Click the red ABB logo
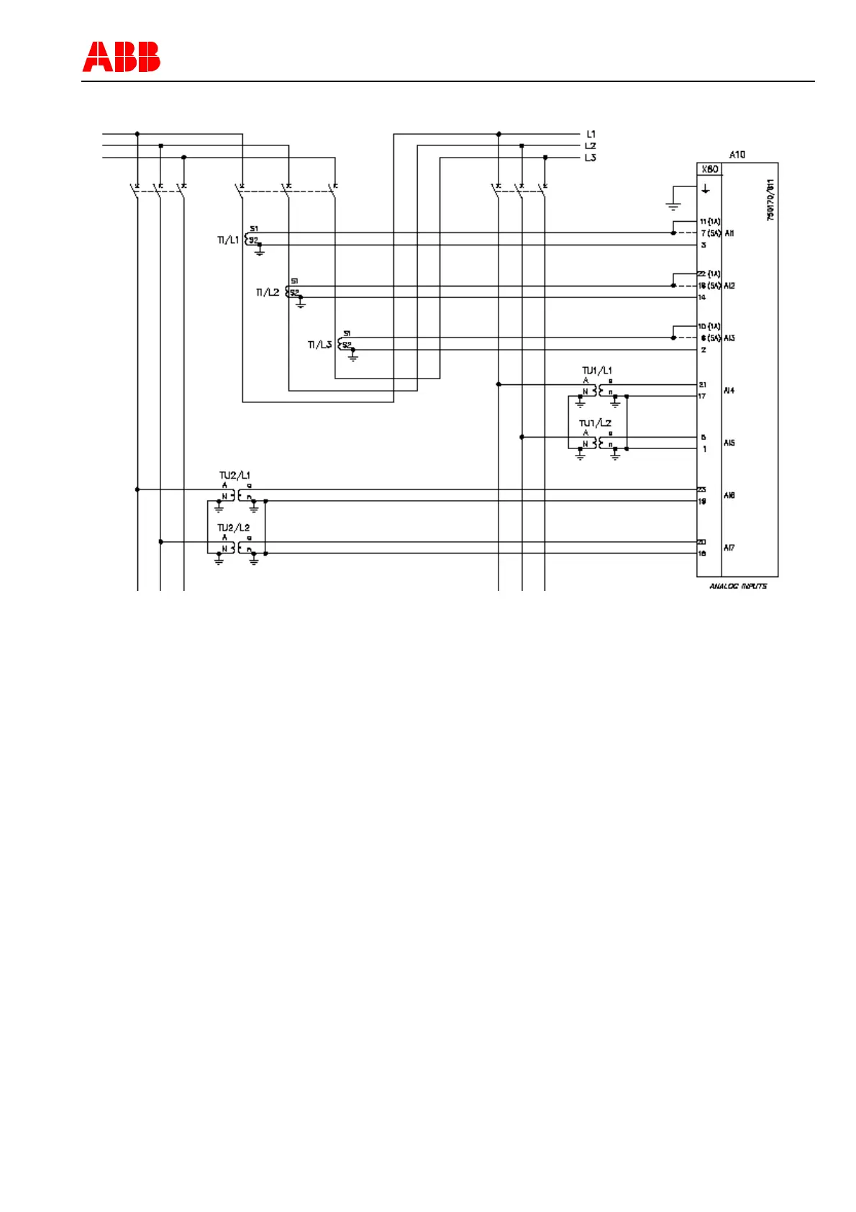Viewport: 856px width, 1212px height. tap(121, 57)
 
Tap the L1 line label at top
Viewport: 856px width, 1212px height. tap(591, 134)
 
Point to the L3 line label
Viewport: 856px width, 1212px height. tap(590, 158)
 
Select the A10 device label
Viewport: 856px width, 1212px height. tap(737, 155)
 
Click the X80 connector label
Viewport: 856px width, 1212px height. tap(709, 169)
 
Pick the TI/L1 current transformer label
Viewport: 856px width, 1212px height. tap(227, 240)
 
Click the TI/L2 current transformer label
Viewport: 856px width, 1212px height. tap(267, 292)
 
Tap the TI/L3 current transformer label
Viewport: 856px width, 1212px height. tap(319, 345)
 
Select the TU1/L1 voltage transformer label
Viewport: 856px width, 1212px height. tap(596, 371)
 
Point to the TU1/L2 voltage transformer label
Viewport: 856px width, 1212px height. tap(595, 423)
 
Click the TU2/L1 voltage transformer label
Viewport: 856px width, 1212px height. tap(235, 476)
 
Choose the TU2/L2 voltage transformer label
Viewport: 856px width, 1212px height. tap(234, 528)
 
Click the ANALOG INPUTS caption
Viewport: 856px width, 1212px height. tap(737, 587)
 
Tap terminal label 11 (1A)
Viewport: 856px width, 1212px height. tap(709, 222)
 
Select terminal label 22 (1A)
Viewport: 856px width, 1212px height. tap(709, 274)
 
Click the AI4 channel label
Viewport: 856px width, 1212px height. tap(729, 391)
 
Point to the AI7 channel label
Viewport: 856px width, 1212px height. tap(729, 548)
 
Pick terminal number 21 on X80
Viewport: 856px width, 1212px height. tap(703, 385)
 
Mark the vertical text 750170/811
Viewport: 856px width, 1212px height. tap(770, 200)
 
